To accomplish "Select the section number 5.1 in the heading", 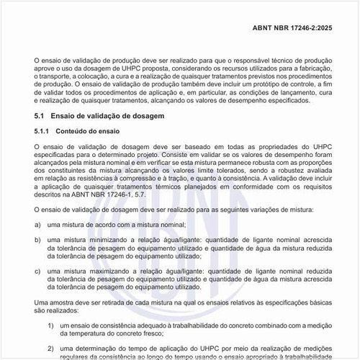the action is coord(40,116).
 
